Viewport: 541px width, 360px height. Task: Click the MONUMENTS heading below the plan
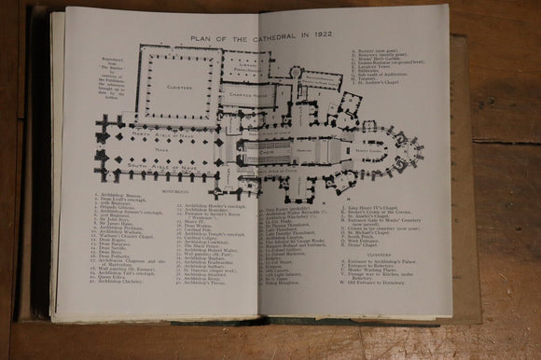(174, 190)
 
